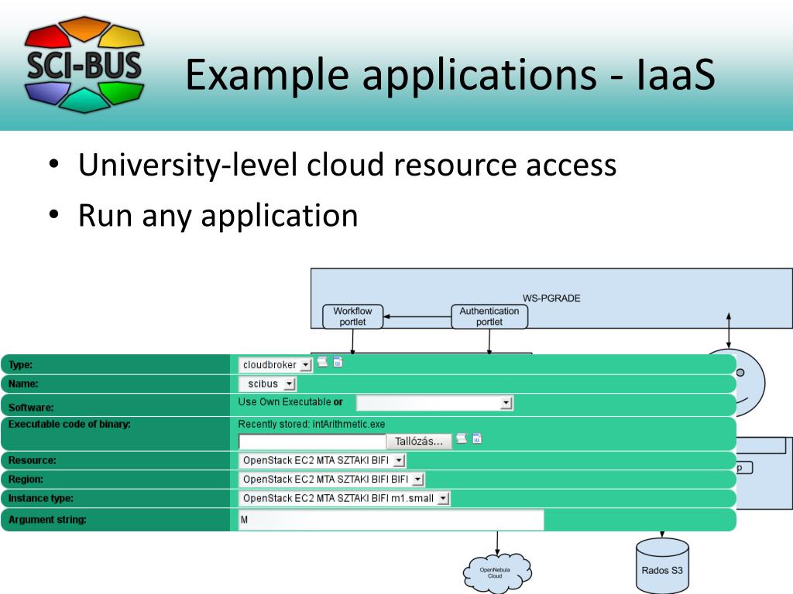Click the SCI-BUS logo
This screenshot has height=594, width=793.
(x=84, y=64)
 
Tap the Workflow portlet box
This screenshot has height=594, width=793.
(x=352, y=316)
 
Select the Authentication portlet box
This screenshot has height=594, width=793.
(x=490, y=316)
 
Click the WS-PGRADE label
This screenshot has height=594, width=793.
(x=551, y=297)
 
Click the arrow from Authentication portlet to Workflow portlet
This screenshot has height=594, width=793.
(x=417, y=316)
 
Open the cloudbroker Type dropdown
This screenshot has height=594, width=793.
(x=276, y=364)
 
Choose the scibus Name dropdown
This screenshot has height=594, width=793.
(x=267, y=384)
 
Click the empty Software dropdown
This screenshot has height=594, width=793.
(x=434, y=403)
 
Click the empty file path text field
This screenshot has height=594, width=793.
(x=312, y=442)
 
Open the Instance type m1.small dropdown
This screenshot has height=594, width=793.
(x=345, y=499)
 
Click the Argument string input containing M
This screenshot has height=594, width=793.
(x=390, y=520)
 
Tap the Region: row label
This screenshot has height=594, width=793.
(x=27, y=480)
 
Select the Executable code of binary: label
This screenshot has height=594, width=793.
(x=69, y=424)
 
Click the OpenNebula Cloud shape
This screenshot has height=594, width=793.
(x=496, y=573)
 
